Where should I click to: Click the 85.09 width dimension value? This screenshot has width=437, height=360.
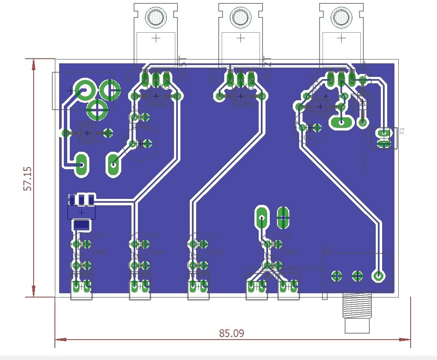[x=231, y=333]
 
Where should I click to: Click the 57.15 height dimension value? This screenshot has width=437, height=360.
[x=28, y=178]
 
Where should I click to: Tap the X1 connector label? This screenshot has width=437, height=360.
[x=402, y=131]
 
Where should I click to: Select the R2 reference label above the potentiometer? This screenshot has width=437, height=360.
[x=326, y=249]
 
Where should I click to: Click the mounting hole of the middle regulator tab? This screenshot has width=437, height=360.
[x=240, y=17]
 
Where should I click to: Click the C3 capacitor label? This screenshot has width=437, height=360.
[x=213, y=235]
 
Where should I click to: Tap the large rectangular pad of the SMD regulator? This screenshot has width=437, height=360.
[x=81, y=224]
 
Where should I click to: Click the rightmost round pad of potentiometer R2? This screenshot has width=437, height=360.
[x=377, y=276]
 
